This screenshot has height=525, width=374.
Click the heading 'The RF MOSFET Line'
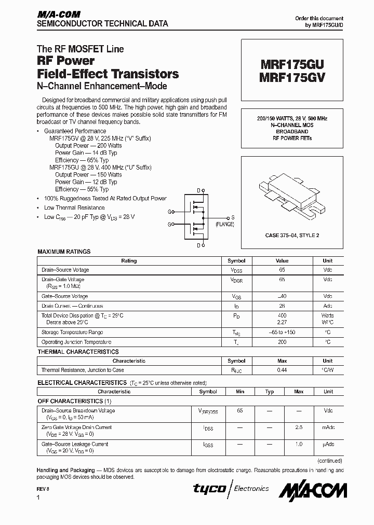point(80,49)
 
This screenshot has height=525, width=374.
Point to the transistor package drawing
point(291,195)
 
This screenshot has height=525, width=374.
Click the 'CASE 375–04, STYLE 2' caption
point(292,235)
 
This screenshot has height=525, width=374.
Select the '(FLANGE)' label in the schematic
point(225,225)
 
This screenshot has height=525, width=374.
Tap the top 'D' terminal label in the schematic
point(198,190)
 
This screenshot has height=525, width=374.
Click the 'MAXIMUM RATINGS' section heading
point(64,252)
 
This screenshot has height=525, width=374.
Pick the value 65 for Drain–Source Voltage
point(282,270)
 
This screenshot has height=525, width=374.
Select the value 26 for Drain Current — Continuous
point(282,306)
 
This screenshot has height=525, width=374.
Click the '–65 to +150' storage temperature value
point(282,333)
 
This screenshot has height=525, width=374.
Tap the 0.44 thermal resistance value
point(282,370)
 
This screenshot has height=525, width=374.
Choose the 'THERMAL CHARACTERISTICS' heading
point(78,352)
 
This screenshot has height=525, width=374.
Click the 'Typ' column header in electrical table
point(269,392)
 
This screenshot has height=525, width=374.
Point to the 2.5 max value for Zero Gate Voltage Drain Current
point(299,427)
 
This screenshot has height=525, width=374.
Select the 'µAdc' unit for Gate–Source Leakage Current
point(328,445)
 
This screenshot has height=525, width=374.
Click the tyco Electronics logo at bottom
point(231,489)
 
